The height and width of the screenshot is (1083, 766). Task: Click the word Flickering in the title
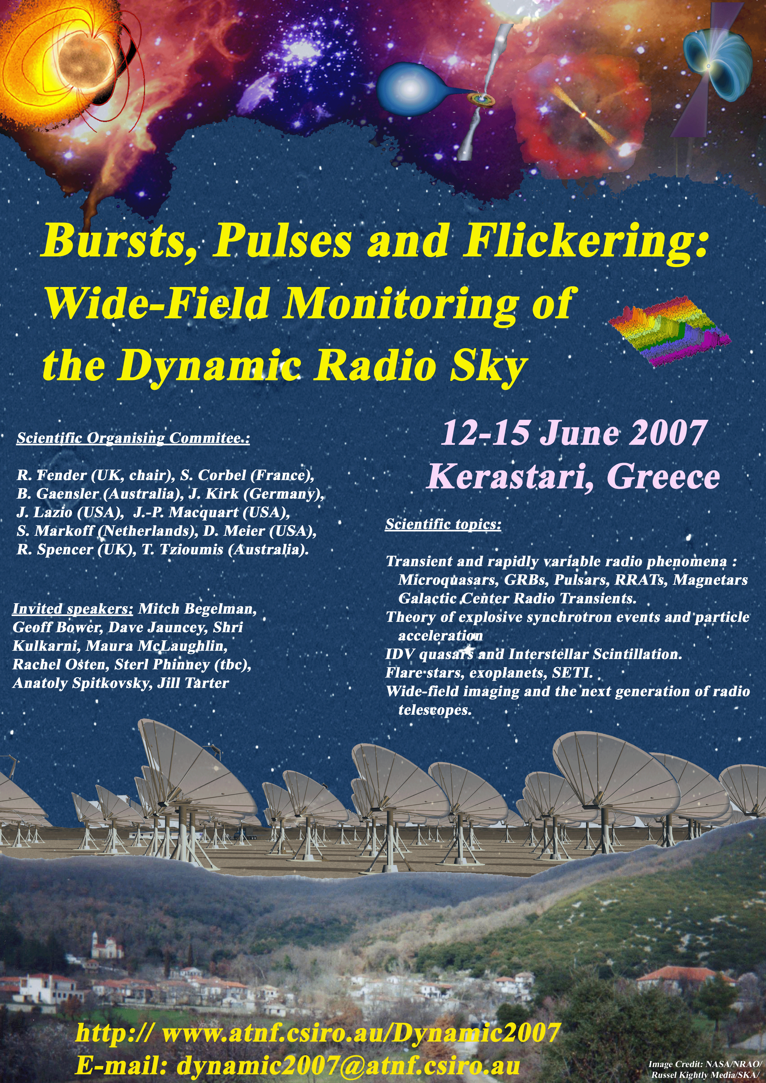pos(585,242)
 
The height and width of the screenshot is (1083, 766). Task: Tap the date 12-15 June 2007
pos(573,433)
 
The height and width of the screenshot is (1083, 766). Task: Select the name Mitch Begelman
pos(197,609)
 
